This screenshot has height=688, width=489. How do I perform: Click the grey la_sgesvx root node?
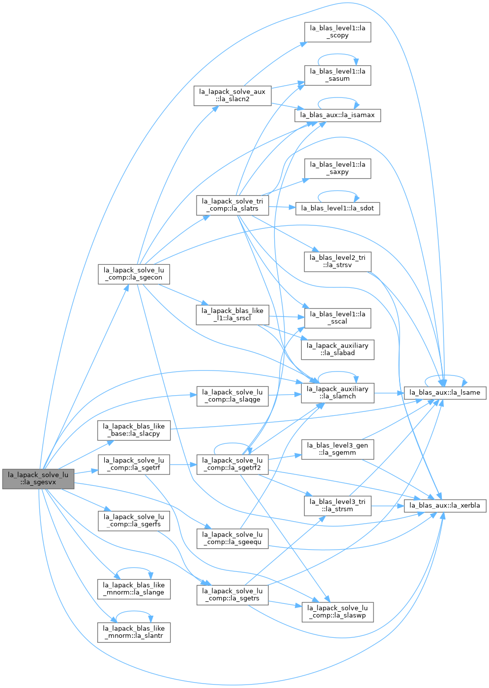38,478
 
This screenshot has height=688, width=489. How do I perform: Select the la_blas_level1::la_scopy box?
338,32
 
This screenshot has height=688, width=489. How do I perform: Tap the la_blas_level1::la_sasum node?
338,75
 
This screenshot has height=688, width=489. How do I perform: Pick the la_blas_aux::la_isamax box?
338,115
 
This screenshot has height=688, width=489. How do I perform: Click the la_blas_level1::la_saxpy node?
338,168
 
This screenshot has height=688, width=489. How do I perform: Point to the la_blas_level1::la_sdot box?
338,208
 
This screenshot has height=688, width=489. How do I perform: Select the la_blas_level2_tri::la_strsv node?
338,262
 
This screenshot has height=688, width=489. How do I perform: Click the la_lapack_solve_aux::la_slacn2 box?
232,95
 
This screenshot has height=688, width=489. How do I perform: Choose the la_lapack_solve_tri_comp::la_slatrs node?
232,205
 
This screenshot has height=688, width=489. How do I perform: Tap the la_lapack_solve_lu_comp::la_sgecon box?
134,274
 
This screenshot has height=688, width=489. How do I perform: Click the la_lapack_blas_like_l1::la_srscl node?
232,315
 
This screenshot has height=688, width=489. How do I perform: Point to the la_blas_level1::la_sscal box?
338,318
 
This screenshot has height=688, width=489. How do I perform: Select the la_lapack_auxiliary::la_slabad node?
338,349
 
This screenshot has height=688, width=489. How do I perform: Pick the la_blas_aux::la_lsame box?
445,393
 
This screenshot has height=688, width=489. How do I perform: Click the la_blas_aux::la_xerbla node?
445,506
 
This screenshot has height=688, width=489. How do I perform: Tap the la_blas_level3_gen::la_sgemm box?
338,449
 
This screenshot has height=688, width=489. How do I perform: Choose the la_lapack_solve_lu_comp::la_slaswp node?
338,612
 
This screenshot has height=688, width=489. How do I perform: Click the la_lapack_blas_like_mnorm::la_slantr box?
134,632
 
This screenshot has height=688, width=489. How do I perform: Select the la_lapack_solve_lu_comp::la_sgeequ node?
232,538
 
